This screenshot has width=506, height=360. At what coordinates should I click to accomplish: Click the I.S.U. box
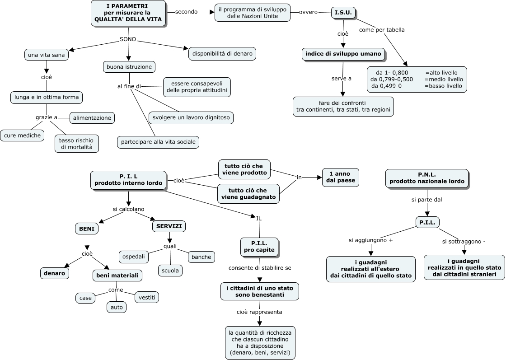pos(343,13)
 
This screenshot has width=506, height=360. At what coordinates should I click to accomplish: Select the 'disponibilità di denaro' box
pos(222,54)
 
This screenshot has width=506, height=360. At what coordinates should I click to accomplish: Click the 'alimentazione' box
pos(92,117)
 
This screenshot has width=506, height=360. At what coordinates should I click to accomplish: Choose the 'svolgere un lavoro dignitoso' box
pos(191,117)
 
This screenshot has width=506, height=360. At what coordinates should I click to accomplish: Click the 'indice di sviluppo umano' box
pos(343,54)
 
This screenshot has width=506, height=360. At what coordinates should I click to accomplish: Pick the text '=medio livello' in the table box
pos(444,79)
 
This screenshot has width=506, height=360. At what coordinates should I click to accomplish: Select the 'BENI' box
pos(86,229)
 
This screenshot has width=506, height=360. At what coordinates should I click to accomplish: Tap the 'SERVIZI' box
pos(169,226)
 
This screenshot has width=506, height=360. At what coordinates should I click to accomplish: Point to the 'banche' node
pos(201,257)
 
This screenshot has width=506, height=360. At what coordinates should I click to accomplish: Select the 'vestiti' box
pos(147,297)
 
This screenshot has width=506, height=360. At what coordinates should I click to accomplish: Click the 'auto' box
pos(116,307)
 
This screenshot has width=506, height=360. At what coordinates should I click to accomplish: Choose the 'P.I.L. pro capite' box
pos(259,247)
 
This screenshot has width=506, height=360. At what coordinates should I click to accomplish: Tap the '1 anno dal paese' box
pos(341,177)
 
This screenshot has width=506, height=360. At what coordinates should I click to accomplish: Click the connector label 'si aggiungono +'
pos(370,240)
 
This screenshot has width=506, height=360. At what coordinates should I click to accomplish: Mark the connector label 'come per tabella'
pos(382,30)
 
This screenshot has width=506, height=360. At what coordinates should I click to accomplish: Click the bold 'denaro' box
pos(55,273)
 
